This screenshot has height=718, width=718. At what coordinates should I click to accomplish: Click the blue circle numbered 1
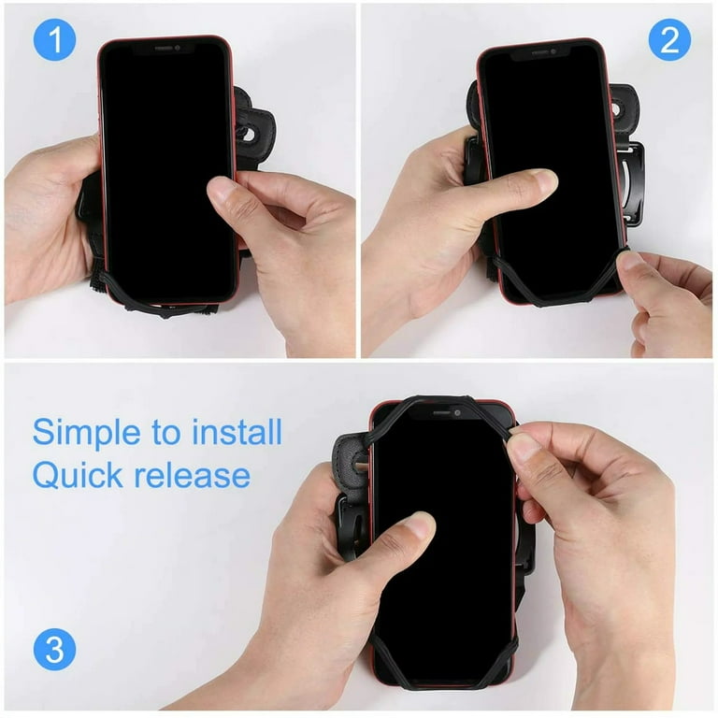(53, 41)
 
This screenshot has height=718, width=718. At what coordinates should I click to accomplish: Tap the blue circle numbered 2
(669, 41)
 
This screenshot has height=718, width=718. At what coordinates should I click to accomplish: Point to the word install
(237, 433)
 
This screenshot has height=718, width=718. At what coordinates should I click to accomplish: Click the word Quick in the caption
(77, 475)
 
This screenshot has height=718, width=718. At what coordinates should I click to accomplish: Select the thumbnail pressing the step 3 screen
(420, 524)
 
